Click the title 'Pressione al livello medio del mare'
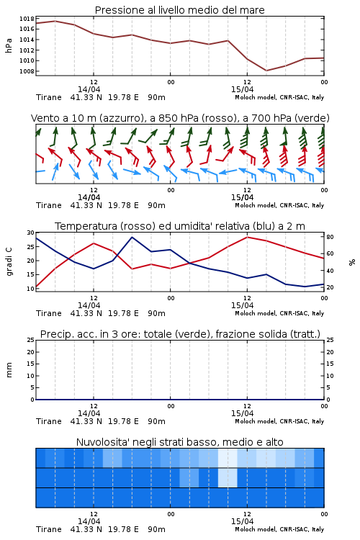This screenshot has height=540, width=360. coord(179,10)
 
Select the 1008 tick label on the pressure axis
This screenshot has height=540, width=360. coord(27,71)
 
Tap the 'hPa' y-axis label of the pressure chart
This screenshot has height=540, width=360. coord(9,45)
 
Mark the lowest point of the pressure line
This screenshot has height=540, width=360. coord(266,71)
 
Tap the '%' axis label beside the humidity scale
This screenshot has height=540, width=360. coord(352,262)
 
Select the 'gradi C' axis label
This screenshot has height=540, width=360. coord(9,262)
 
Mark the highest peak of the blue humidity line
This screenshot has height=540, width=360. coord(132,238)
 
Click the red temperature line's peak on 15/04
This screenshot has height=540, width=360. coord(247,237)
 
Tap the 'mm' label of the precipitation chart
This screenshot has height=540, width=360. coord(9,370)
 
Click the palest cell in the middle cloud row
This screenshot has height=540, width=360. coord(228,477)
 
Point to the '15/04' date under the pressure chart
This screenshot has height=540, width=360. coord(242,89)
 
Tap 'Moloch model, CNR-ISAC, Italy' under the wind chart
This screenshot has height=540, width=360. coord(279,205)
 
